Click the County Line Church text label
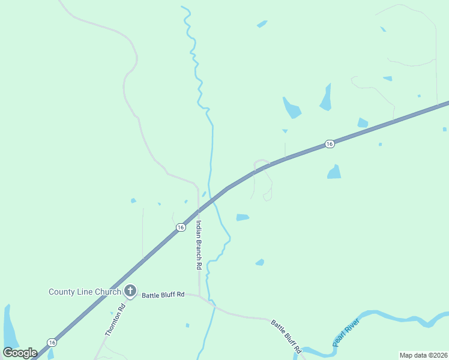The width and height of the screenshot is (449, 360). (x=85, y=292)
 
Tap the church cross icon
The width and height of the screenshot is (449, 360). (x=130, y=292)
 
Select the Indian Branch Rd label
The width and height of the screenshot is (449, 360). (x=199, y=244)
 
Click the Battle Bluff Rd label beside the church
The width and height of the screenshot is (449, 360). (x=163, y=295)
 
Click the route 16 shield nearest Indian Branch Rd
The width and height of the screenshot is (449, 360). (x=181, y=227)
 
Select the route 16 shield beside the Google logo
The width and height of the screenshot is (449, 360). (x=52, y=343)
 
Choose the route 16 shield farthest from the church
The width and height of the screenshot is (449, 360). (x=329, y=144)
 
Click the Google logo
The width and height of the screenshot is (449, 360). (x=20, y=353)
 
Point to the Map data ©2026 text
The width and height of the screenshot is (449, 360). (x=423, y=355)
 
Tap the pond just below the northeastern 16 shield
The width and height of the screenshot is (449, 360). (x=334, y=172)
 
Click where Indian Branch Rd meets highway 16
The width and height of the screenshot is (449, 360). (x=199, y=211)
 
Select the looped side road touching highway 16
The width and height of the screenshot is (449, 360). (x=265, y=180)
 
